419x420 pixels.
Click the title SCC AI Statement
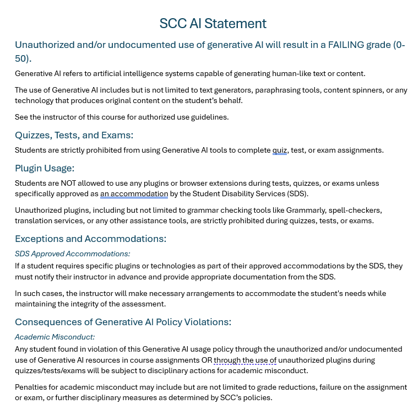pos(213,24)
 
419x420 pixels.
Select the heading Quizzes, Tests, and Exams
pos(74,135)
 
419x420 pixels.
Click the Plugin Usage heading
pos(45,168)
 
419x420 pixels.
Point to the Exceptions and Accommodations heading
pos(90,239)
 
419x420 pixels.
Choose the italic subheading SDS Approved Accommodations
pos(72,254)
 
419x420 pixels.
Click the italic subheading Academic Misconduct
pos(55,337)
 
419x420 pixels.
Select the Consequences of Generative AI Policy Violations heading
pos(123,322)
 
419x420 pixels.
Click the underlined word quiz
pos(280,150)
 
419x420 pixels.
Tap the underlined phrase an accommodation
pos(134,194)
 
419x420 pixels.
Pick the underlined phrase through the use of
pos(245,360)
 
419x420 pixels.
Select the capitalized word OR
pos(206,360)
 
